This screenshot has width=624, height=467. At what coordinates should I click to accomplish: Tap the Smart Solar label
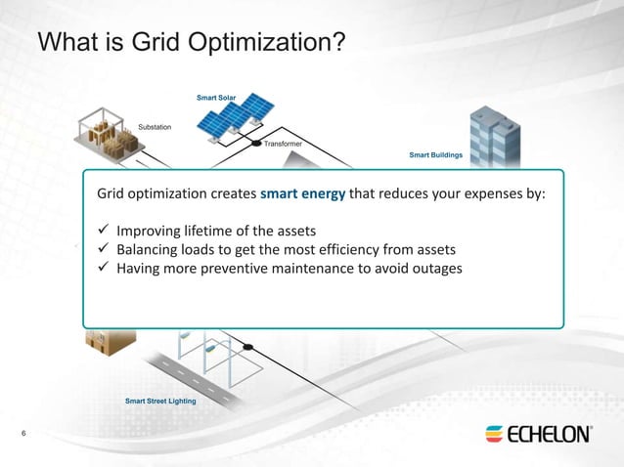click(x=216, y=97)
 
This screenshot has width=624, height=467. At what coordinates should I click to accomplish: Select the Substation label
click(x=155, y=127)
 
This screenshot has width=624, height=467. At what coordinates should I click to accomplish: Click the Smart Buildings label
click(x=435, y=154)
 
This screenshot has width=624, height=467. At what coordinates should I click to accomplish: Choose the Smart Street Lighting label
click(x=160, y=401)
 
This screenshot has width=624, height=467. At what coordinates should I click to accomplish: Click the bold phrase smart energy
click(x=302, y=193)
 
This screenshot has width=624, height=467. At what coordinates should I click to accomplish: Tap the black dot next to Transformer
click(x=257, y=145)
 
